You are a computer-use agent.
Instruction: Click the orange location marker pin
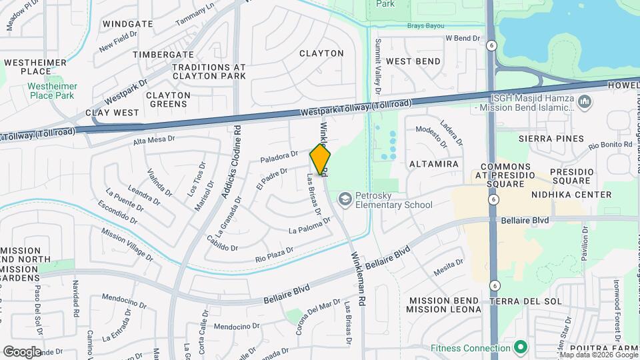(321, 159)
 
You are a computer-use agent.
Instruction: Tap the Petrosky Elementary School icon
(345, 199)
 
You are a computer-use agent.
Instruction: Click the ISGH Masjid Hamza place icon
(585, 101)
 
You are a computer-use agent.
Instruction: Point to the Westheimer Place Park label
(52, 91)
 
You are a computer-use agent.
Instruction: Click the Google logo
(21, 351)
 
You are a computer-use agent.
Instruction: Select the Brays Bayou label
(425, 26)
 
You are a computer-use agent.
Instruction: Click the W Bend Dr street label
(463, 39)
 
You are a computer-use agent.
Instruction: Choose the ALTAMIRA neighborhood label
(433, 164)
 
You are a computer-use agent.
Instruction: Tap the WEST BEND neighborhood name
(413, 61)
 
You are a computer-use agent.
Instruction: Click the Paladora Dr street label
(279, 157)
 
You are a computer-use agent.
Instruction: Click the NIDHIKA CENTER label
(571, 195)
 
